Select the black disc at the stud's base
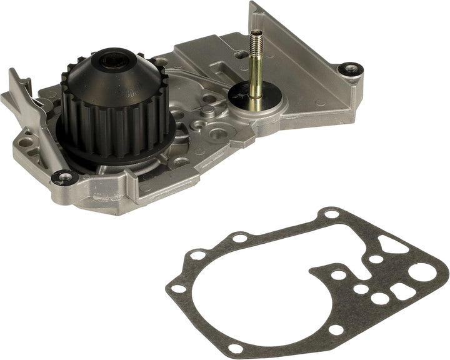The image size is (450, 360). point(244,96)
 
